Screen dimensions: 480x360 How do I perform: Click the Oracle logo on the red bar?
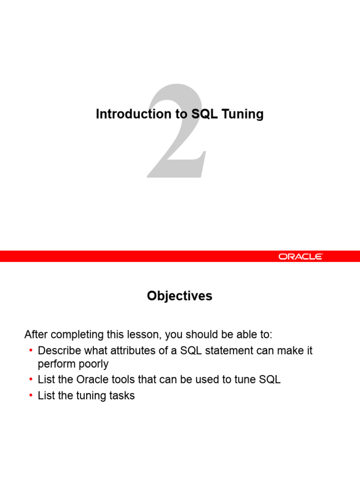coord(300,256)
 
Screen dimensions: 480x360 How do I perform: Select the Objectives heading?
coord(180,296)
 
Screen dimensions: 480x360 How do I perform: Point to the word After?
coord(36,335)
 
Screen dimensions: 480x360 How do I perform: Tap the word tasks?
coord(122,396)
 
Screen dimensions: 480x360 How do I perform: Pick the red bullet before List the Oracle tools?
coord(30,380)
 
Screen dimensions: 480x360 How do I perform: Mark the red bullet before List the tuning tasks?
coord(30,396)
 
